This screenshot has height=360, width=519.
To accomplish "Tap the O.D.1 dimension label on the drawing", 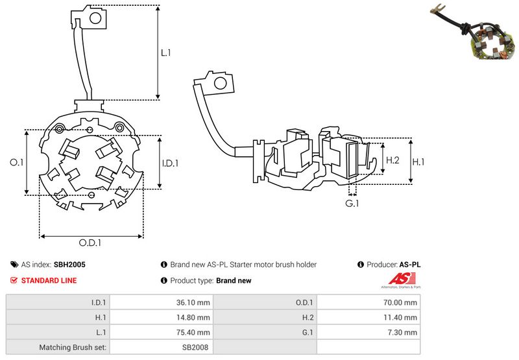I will [x=91, y=243].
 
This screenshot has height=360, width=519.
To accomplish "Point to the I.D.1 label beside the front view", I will [x=169, y=163].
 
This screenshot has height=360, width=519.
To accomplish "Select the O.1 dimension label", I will [x=16, y=163].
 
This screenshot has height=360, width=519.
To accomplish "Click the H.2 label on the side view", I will [x=392, y=160].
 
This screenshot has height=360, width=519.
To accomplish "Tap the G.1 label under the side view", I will [x=352, y=204].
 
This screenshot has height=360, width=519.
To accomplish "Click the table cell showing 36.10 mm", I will [x=194, y=302].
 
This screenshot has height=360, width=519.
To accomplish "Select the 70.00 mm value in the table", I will [x=402, y=302].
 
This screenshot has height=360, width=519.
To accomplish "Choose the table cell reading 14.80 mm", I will [x=194, y=317].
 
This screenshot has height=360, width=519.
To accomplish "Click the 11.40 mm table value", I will [x=402, y=317].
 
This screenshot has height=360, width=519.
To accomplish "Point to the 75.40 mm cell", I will [x=194, y=332].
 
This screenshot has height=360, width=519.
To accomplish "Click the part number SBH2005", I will [x=69, y=265].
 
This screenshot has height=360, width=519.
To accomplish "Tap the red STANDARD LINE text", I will [x=49, y=280].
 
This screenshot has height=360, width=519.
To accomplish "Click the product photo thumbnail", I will [x=479, y=35].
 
